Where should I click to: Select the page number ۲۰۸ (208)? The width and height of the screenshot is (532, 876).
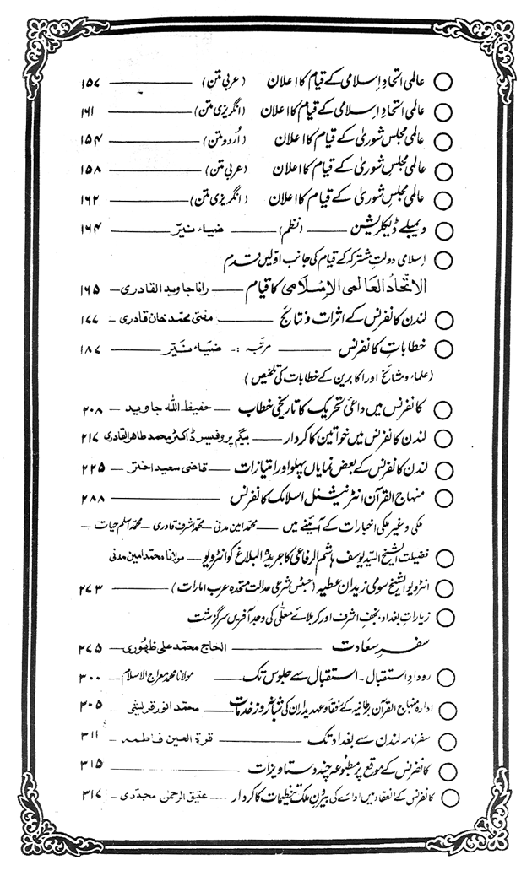tap(93, 408)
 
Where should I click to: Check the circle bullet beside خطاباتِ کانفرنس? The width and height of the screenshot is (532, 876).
tap(445, 349)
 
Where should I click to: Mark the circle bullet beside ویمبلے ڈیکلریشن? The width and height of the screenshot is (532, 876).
tap(445, 230)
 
